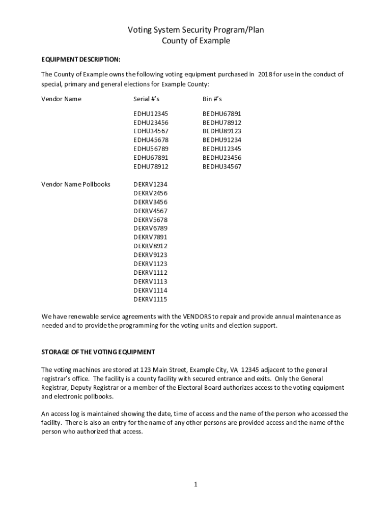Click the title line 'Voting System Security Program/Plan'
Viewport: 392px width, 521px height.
click(196, 31)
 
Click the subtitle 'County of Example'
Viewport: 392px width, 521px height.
click(196, 41)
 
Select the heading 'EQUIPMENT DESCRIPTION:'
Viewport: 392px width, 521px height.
click(81, 59)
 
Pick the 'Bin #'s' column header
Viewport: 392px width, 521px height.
click(212, 99)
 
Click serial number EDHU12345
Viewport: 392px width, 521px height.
click(151, 113)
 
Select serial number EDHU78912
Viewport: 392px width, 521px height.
click(151, 166)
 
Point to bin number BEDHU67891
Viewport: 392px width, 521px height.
click(222, 113)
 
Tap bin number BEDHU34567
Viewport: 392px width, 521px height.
click(222, 166)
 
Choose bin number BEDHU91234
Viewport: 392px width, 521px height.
click(222, 140)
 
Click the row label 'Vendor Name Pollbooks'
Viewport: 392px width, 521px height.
click(76, 184)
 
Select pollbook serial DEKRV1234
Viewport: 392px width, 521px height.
click(150, 184)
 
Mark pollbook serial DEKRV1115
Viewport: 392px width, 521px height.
click(150, 299)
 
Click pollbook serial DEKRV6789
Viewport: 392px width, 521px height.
click(150, 228)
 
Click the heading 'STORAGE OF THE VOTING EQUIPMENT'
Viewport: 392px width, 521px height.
click(98, 352)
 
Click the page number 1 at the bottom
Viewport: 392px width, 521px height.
click(195, 484)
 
